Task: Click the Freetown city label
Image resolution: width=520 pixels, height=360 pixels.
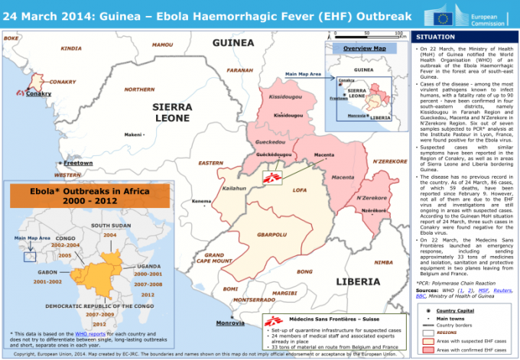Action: point(78,163)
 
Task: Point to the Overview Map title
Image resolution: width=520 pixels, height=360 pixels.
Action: point(364,48)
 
